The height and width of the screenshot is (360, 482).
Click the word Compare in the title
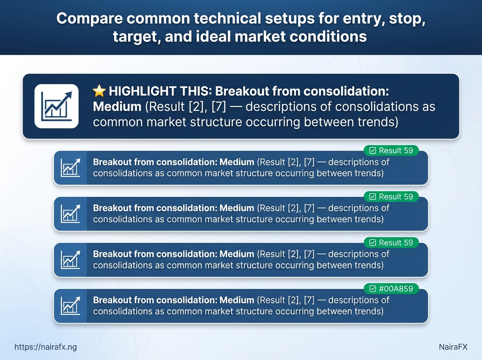(90, 19)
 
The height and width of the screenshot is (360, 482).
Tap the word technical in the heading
(227, 18)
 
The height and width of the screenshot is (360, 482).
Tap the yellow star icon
(99, 91)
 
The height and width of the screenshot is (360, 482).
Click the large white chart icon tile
(57, 106)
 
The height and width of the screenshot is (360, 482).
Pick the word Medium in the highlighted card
(117, 106)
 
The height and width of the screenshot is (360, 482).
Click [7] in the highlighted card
(219, 107)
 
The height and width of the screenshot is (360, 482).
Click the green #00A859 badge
(391, 288)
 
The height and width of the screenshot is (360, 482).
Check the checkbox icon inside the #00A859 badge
(373, 288)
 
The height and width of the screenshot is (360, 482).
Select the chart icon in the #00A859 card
(70, 306)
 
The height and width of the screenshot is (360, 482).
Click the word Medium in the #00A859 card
(237, 300)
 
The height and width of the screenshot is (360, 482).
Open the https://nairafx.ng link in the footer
(46, 347)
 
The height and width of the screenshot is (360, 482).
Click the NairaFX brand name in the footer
(453, 347)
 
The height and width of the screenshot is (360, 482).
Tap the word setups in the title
(290, 19)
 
